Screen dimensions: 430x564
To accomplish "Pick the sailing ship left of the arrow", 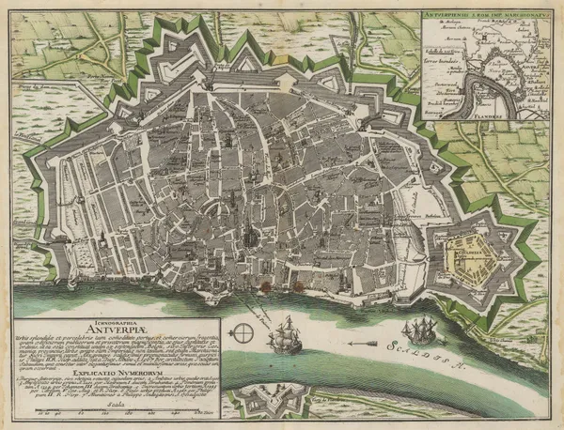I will coord(284,337).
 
